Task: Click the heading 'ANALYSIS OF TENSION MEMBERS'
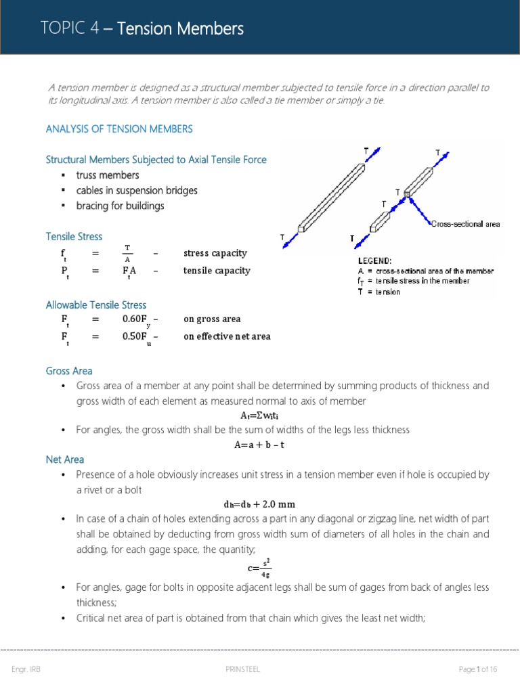pyautogui.click(x=119, y=129)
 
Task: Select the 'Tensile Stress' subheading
pyautogui.click(x=74, y=236)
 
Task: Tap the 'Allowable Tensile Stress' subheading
pyautogui.click(x=95, y=305)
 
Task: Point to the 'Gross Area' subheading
pyautogui.click(x=69, y=371)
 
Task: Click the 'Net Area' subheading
pyautogui.click(x=65, y=460)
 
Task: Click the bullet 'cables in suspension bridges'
pyautogui.click(x=137, y=190)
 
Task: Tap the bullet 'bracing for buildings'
pyautogui.click(x=120, y=205)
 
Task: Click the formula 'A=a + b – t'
pyautogui.click(x=260, y=445)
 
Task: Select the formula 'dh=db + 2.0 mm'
pyautogui.click(x=259, y=504)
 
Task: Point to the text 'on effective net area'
pyautogui.click(x=227, y=336)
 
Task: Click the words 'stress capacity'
pyautogui.click(x=215, y=254)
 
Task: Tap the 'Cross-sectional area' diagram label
pyautogui.click(x=465, y=224)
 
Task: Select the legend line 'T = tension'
pyautogui.click(x=378, y=292)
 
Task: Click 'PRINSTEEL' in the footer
pyautogui.click(x=243, y=669)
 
